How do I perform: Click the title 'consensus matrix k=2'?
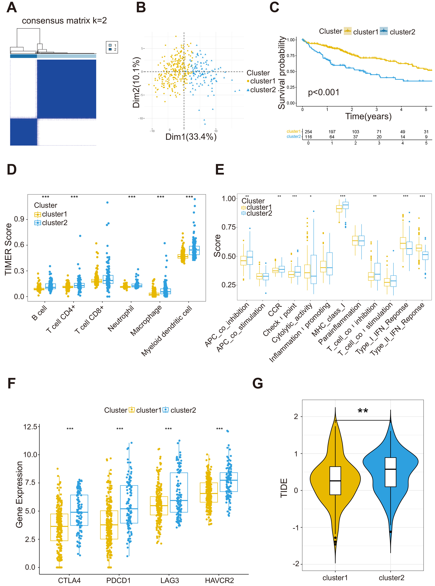pyautogui.click(x=64, y=21)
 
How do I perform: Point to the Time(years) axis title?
pyautogui.click(x=368, y=116)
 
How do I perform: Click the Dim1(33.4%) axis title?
pyautogui.click(x=191, y=137)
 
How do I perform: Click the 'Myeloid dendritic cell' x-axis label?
pyautogui.click(x=166, y=331)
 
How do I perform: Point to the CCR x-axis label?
pyautogui.click(x=275, y=310)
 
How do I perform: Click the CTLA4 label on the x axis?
pyautogui.click(x=69, y=580)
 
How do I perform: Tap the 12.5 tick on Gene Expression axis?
pyautogui.click(x=30, y=427)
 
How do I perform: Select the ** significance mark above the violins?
pyautogui.click(x=363, y=411)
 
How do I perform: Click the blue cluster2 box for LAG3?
pyautogui.click(x=179, y=492)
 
